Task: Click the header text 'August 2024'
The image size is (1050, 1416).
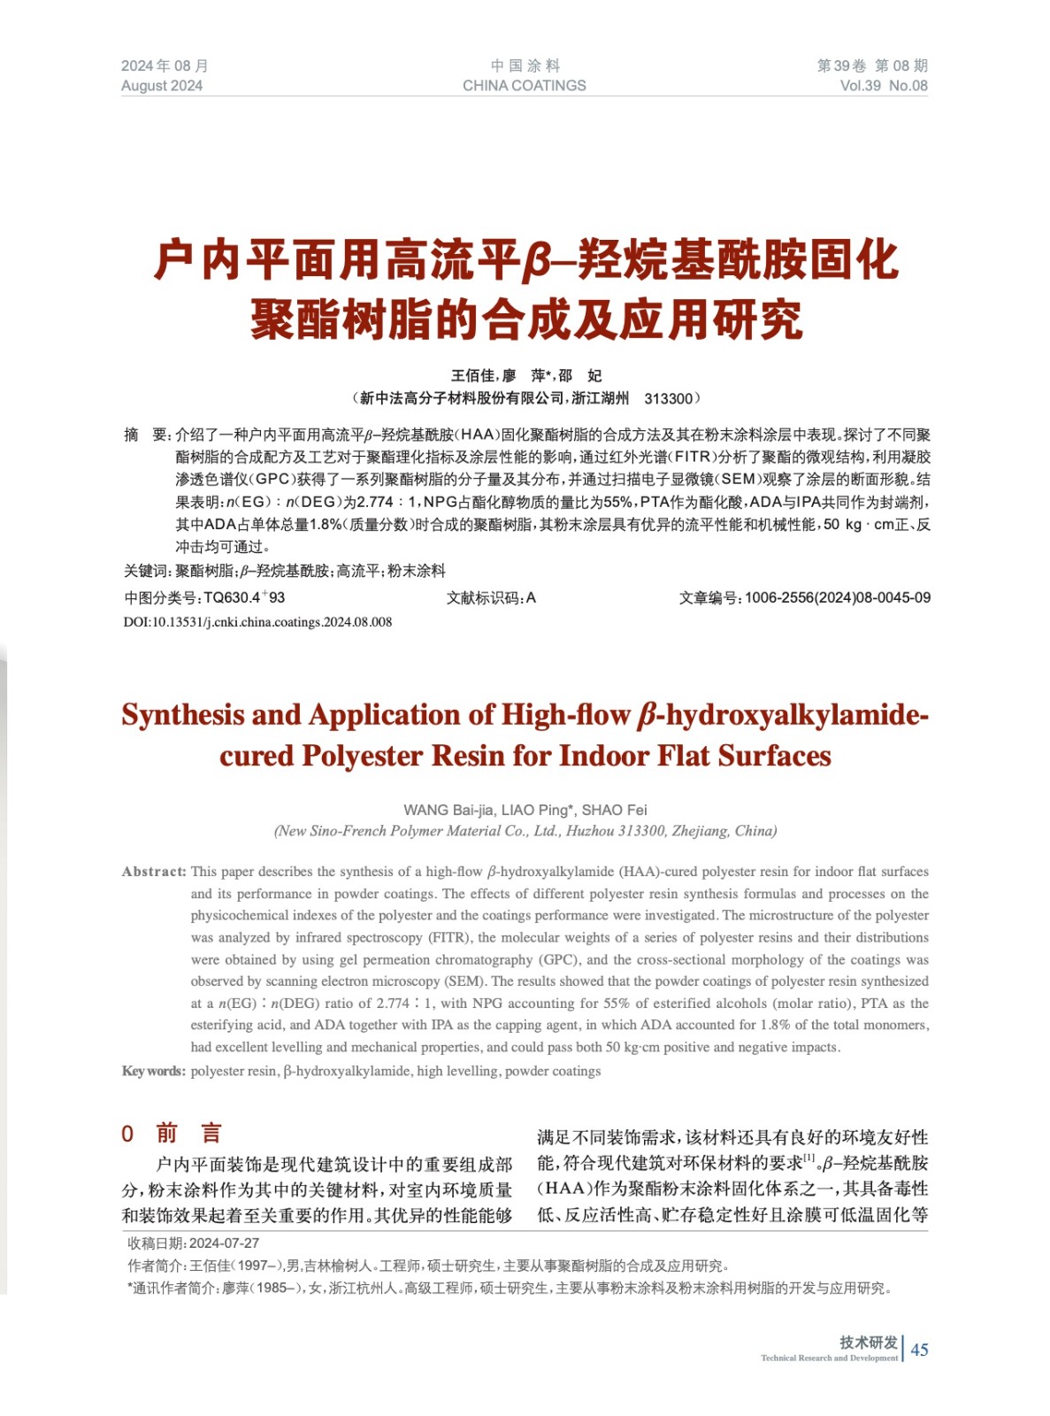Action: [162, 86]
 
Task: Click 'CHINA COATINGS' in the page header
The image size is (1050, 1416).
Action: [524, 86]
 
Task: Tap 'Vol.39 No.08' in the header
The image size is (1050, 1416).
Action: [883, 86]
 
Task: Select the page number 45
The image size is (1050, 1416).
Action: [919, 1349]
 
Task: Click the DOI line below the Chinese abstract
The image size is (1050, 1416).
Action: [257, 622]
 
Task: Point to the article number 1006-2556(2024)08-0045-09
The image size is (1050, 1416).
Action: [837, 597]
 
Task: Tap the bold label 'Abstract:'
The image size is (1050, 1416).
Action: [154, 872]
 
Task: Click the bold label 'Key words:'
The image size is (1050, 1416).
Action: [154, 1071]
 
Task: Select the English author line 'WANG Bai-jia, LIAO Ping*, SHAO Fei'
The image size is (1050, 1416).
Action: [525, 810]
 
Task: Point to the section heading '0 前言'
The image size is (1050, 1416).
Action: [172, 1134]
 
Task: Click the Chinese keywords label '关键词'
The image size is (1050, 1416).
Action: [147, 571]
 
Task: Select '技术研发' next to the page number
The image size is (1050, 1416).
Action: [868, 1342]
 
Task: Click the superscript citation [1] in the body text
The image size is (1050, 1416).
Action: [809, 1158]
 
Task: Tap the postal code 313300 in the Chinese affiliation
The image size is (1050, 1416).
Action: [668, 398]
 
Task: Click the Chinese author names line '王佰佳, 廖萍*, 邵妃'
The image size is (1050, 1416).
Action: [525, 376]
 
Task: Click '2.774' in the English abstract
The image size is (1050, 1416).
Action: [393, 1004]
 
